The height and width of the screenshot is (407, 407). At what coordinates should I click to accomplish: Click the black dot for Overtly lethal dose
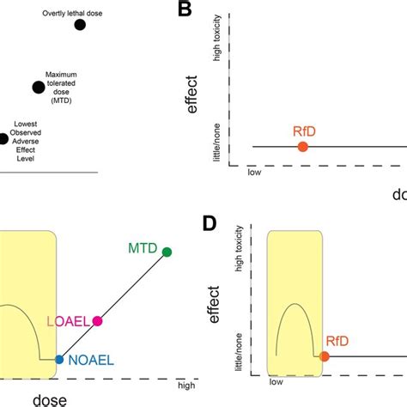pyautogui.click(x=80, y=25)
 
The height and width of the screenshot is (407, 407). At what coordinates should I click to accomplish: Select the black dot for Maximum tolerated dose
pyautogui.click(x=38, y=87)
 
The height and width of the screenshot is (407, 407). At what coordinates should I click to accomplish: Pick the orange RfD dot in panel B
pyautogui.click(x=303, y=147)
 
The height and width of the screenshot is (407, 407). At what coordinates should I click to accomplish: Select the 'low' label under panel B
pyautogui.click(x=254, y=172)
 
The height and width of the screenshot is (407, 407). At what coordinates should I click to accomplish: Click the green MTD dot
pyautogui.click(x=167, y=252)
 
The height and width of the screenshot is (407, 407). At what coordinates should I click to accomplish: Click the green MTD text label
pyautogui.click(x=143, y=248)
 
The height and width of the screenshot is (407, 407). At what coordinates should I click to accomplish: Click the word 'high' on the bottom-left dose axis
pyautogui.click(x=185, y=386)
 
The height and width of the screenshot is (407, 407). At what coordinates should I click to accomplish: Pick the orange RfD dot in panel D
pyautogui.click(x=325, y=355)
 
